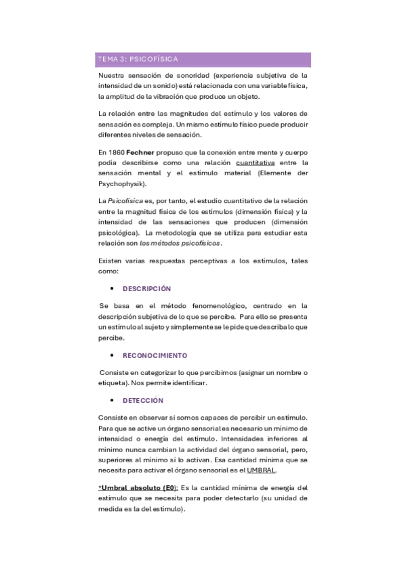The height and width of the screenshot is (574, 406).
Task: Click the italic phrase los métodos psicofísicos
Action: coord(189,243)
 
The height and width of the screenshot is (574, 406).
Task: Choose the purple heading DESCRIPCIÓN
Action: coord(147,288)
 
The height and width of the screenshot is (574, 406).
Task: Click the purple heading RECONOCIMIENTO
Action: coord(155,355)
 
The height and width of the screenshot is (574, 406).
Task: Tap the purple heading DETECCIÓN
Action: coord(143,401)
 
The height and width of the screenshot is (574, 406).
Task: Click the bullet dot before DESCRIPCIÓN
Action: coord(111,288)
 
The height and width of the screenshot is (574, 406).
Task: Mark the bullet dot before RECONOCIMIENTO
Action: coord(111,355)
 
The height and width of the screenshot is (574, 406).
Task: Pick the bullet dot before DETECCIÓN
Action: coord(111,401)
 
